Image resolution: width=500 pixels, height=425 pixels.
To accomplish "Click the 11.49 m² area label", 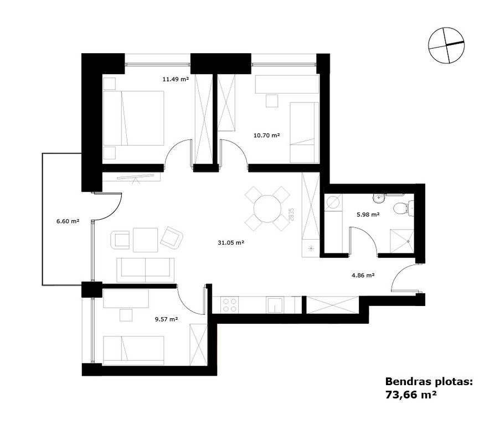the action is (x=176, y=79).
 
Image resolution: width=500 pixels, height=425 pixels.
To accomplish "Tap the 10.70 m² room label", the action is (x=266, y=135).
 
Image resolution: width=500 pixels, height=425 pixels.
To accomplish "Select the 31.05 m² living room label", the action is (x=231, y=242).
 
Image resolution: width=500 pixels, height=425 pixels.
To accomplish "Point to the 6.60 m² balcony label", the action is (x=68, y=221).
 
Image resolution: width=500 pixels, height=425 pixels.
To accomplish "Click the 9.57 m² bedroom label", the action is (x=166, y=319).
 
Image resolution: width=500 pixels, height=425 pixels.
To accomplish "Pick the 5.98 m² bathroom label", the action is (x=368, y=214).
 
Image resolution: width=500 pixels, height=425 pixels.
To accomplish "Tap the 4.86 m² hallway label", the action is (x=363, y=275).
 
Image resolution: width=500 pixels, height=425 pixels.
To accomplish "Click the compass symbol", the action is (x=446, y=45).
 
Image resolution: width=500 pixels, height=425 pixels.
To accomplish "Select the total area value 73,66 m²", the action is (x=411, y=395).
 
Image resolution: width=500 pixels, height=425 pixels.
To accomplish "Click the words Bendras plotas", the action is (x=429, y=381).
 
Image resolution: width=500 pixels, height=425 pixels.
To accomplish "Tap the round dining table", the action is (x=267, y=209).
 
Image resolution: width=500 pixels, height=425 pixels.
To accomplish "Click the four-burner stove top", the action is (x=230, y=305).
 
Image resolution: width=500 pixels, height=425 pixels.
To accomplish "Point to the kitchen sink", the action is (x=275, y=305).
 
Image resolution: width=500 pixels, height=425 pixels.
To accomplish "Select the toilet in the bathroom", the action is (x=403, y=209).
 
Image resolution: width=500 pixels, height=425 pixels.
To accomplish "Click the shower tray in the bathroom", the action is (x=402, y=241).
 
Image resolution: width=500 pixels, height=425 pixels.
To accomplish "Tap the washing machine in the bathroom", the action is (x=333, y=203).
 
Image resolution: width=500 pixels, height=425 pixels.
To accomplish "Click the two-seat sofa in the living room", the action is (x=146, y=270).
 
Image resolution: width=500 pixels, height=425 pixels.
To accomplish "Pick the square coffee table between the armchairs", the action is (x=146, y=240).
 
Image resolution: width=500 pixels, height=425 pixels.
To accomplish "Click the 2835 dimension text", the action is (x=291, y=215).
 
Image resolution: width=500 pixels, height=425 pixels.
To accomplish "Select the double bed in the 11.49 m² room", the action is (x=133, y=118).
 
